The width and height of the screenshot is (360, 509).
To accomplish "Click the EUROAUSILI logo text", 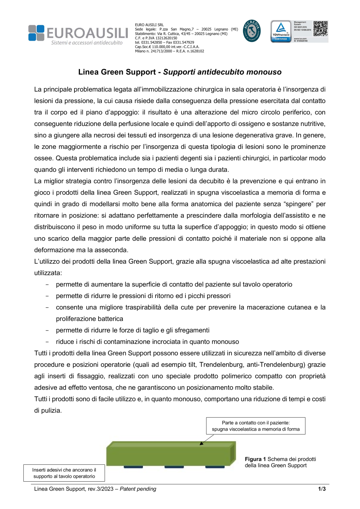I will point(87,33).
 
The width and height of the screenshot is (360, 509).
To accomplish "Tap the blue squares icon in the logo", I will point(36,33).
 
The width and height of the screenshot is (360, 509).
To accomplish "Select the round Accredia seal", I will point(252,31).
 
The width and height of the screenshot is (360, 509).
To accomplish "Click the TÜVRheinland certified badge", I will point(281,32).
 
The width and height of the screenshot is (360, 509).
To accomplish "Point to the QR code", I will point(320,28).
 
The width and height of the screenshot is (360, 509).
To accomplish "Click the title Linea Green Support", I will point(117,72).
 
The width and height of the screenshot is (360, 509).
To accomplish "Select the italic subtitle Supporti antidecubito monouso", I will point(222,72).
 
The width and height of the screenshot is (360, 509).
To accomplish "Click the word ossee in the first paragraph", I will point(43,158).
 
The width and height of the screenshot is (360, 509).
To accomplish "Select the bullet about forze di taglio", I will point(132,330).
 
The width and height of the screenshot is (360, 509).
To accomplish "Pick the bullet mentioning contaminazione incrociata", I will point(147,342).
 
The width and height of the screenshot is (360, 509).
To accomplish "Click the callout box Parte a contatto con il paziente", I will point(256,426).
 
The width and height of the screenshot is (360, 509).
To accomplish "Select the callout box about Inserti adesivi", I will point(64,473).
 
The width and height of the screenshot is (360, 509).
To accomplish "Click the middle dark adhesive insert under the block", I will point(174,467).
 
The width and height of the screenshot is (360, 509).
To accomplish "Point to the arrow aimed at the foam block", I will point(206,440).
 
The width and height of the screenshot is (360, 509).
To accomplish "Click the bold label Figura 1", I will point(255,459).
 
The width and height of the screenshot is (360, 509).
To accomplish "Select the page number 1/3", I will point(321,489).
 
